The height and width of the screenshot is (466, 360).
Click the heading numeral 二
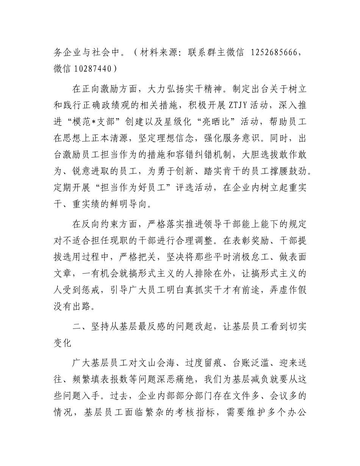click(x=76, y=323)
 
